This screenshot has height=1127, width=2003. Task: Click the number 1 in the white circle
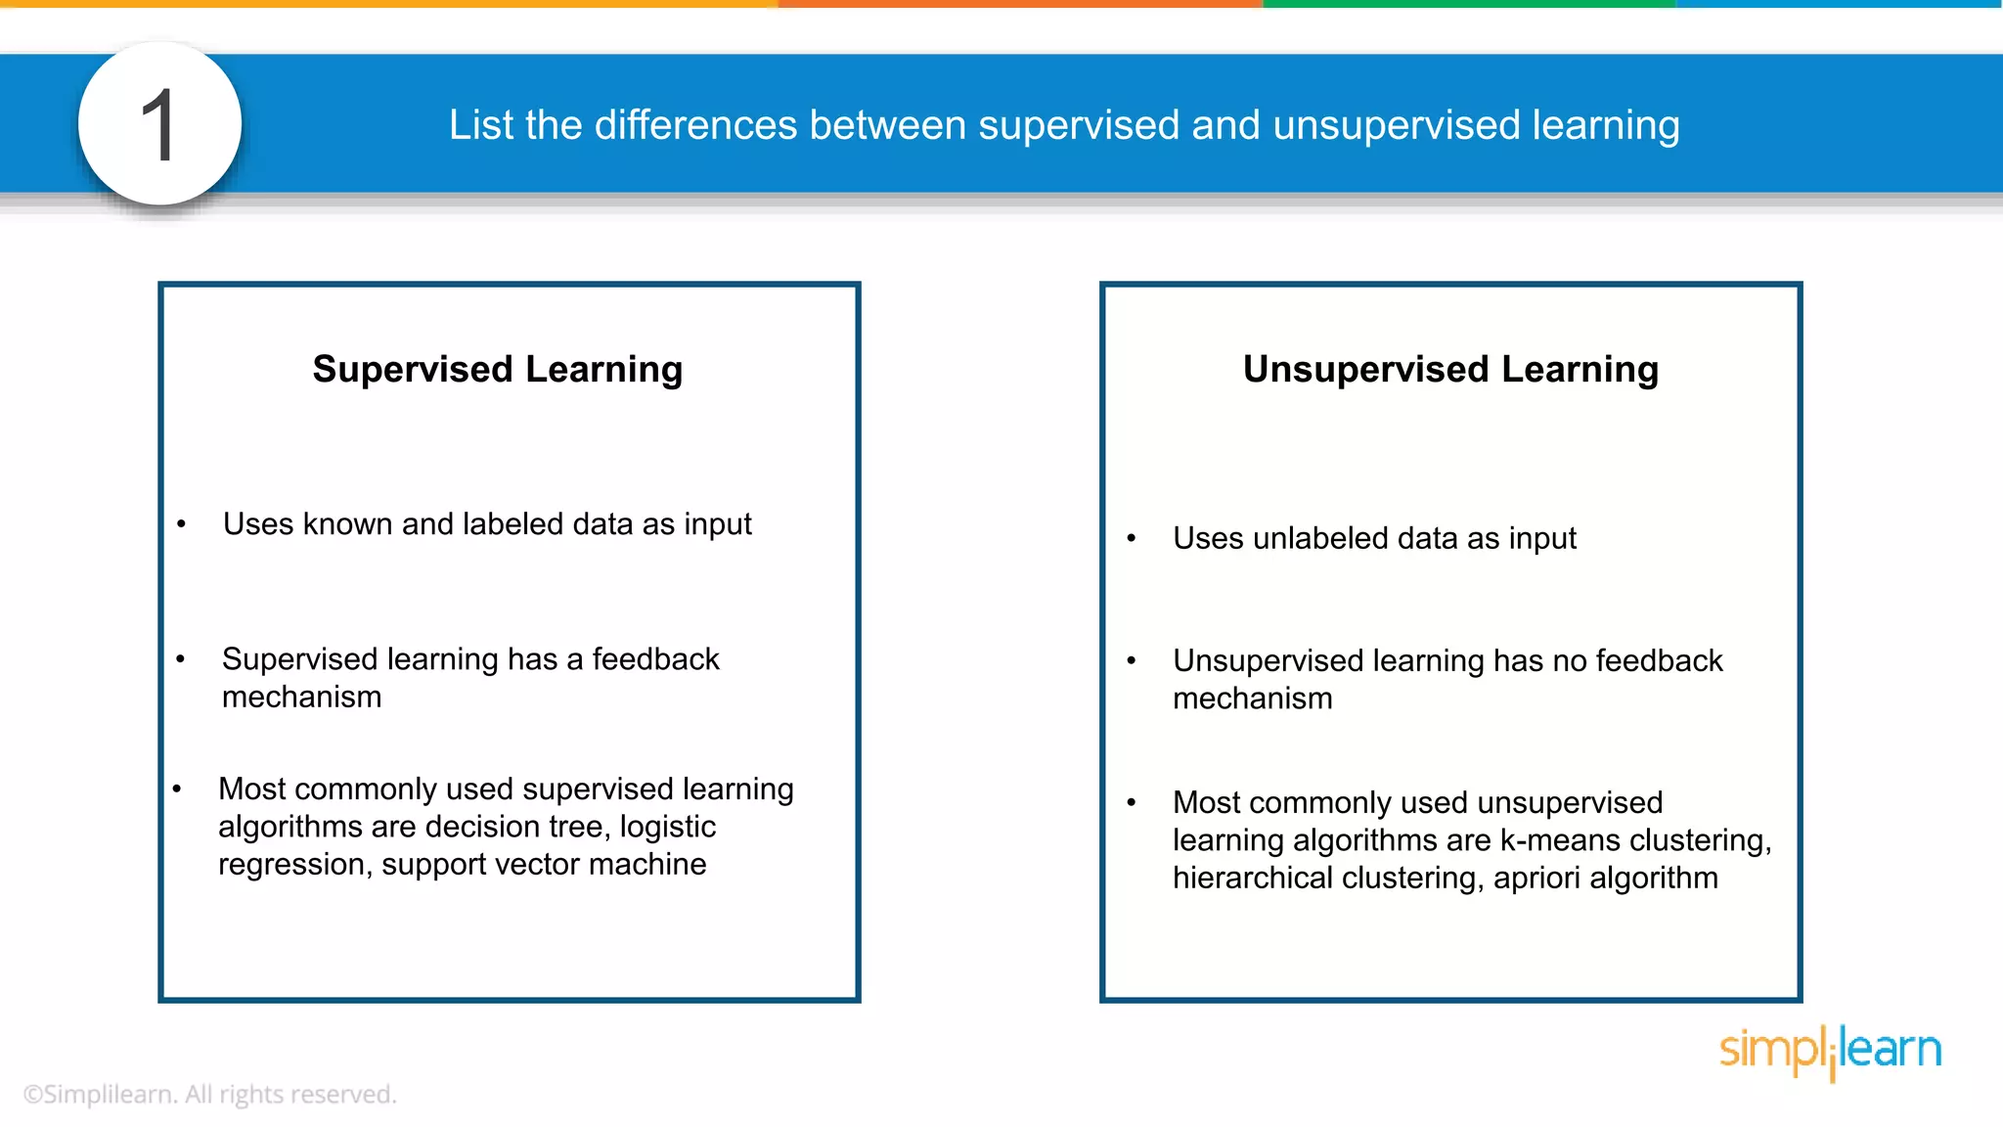click(x=158, y=125)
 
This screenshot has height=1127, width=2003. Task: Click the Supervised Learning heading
click(x=497, y=370)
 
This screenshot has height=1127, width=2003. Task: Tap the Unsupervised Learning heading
click(x=1450, y=370)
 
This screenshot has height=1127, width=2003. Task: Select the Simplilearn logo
click(x=1830, y=1051)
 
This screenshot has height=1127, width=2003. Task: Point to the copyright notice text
click(x=209, y=1094)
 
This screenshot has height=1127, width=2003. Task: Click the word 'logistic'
click(x=667, y=828)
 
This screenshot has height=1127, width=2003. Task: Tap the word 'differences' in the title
click(x=695, y=125)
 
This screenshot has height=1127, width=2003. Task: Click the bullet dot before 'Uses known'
click(x=181, y=525)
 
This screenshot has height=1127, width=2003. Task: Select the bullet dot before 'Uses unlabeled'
click(x=1132, y=539)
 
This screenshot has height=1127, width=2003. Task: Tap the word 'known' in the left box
click(x=347, y=524)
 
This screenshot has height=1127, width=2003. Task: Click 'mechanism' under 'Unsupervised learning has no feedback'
click(x=1252, y=699)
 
